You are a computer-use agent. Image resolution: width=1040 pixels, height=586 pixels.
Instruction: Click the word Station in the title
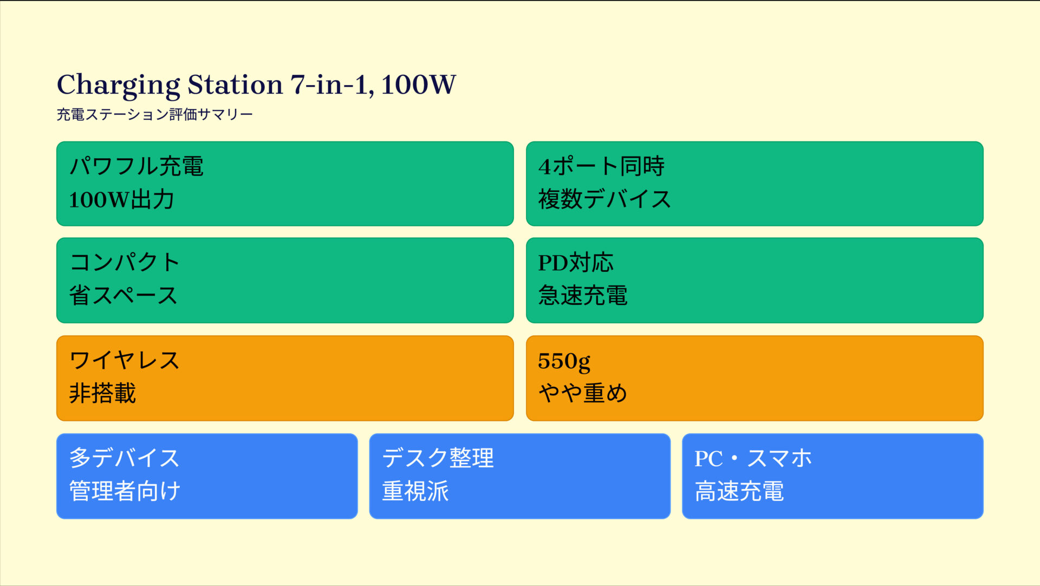point(235,84)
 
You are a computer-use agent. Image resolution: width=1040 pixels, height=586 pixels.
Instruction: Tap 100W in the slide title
point(418,84)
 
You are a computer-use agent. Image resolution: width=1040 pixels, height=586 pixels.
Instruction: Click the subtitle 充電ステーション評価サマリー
point(155,114)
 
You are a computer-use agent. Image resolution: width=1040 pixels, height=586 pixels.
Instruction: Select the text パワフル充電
point(136,166)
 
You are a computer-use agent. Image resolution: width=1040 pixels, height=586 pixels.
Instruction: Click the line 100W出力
point(121,199)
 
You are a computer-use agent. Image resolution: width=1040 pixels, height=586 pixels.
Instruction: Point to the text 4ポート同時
point(601,166)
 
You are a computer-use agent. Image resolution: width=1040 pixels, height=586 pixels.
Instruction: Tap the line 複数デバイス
point(604,199)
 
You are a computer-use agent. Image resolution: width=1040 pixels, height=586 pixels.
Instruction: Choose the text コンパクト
point(125,262)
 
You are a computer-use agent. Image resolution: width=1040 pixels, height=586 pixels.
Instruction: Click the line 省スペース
point(123,295)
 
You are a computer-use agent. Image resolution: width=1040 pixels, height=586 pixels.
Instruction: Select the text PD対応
point(576,263)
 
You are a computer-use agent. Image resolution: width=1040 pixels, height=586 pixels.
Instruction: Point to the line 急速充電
point(583,295)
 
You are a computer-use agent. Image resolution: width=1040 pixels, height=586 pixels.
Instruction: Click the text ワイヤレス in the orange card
point(125,360)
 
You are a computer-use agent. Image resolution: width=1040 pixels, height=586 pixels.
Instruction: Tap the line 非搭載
point(102,393)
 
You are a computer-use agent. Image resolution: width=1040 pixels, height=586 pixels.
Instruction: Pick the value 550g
point(564,362)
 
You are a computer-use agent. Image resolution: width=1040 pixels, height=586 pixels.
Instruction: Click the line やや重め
point(582,393)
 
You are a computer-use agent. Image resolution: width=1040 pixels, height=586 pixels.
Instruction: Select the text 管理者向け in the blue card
point(125,491)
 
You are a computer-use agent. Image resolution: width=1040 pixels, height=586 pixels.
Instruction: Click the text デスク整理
point(438,458)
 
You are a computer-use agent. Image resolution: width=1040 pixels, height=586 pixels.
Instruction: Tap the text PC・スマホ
point(753,458)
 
